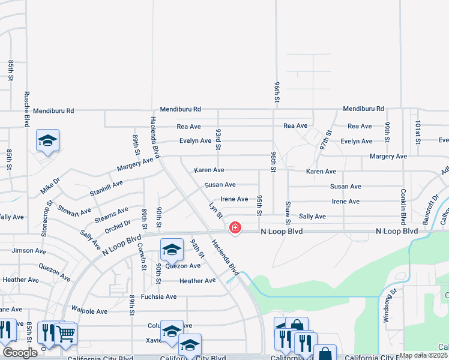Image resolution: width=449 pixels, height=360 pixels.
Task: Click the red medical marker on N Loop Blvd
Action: (235, 228)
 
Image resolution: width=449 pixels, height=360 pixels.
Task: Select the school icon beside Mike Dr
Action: (47, 141)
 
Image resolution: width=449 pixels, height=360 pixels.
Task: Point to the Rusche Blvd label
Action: (26, 109)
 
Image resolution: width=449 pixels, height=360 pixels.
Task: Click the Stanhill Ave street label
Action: (106, 188)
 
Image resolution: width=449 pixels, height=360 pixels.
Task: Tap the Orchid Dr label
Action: (118, 226)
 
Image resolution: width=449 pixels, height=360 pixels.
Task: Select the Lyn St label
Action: (216, 211)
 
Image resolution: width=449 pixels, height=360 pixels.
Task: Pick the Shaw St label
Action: (288, 211)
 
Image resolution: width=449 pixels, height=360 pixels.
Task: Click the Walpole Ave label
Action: (89, 311)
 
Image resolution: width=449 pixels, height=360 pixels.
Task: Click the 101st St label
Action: (418, 133)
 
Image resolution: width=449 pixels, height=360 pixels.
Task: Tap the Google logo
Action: (20, 353)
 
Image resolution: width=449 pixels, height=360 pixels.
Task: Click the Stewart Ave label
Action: (75, 211)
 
